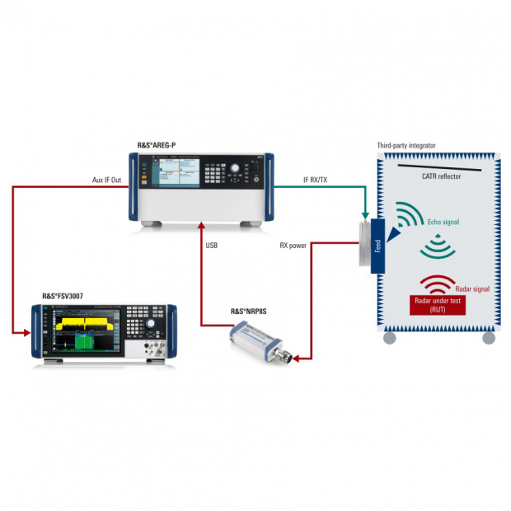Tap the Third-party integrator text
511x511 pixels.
pos(406,145)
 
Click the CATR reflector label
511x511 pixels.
pos(440,176)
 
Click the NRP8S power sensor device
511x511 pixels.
pos(260,343)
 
